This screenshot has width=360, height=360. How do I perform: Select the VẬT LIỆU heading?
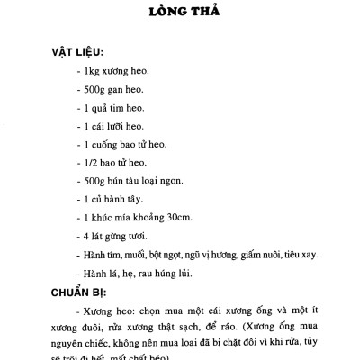(x=76, y=53)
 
